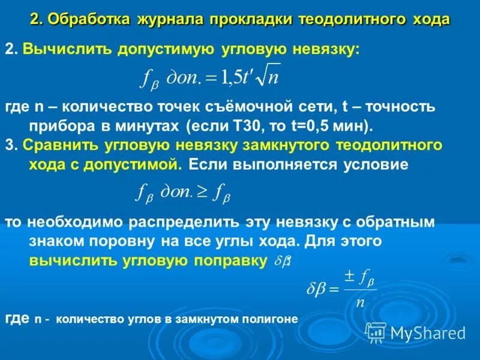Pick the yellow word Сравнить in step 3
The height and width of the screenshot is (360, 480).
click(55, 145)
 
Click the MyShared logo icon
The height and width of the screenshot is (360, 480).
click(376, 332)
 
